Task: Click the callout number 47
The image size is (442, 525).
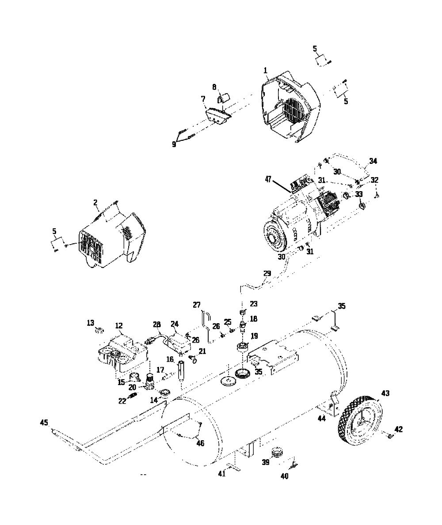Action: (268, 179)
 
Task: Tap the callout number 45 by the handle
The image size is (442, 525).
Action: (44, 423)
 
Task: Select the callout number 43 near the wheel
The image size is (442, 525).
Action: (385, 393)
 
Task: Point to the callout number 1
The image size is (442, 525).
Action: (265, 71)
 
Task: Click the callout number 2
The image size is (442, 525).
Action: (95, 203)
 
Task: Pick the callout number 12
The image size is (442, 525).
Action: (118, 325)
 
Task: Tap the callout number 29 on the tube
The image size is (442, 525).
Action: (267, 274)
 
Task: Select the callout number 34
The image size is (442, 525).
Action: (373, 161)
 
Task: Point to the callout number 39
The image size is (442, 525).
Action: (265, 462)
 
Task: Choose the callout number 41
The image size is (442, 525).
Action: (222, 473)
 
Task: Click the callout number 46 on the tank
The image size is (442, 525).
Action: (200, 444)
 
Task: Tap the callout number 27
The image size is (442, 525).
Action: (196, 305)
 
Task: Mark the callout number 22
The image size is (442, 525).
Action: (122, 400)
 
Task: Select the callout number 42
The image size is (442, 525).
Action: (399, 429)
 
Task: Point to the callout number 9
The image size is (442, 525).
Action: (174, 144)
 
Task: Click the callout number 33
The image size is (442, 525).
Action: (359, 194)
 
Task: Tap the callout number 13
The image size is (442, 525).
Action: (91, 323)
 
